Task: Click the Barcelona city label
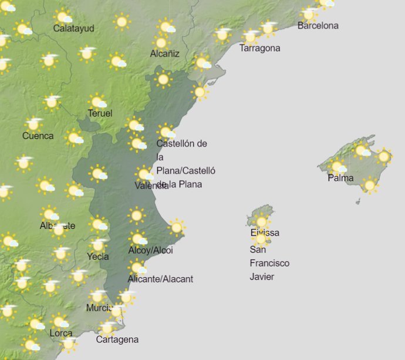click(x=318, y=26)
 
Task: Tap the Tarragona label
click(x=259, y=48)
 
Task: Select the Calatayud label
click(x=73, y=28)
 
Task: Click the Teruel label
click(x=100, y=113)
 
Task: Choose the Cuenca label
click(x=38, y=136)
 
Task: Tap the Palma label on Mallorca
click(x=340, y=177)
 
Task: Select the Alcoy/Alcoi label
click(x=151, y=251)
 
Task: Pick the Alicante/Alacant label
click(x=160, y=279)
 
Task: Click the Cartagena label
click(x=117, y=339)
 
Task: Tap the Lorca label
click(x=61, y=334)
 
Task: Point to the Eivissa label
click(x=265, y=233)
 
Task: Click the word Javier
click(x=262, y=277)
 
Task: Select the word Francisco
click(x=269, y=263)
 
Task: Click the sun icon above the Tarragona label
click(x=251, y=37)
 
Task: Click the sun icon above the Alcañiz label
click(x=160, y=42)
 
